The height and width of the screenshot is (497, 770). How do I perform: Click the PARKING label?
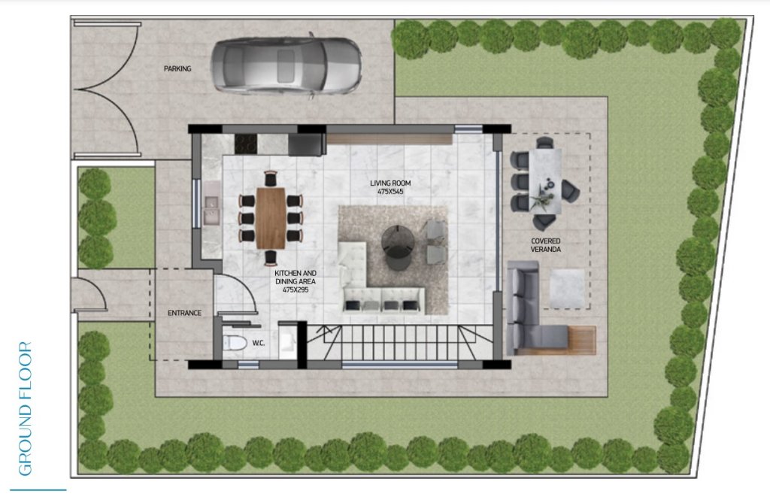(177, 68)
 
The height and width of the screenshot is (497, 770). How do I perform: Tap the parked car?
(286, 66)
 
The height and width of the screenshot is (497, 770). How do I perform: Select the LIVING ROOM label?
(390, 183)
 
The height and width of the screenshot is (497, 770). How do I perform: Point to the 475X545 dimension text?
(390, 192)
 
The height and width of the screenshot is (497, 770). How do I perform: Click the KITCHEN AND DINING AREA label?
(295, 277)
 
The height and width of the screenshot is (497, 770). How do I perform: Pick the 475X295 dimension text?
(295, 289)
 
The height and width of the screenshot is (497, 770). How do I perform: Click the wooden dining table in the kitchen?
(271, 218)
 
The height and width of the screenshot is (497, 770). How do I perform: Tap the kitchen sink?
(211, 210)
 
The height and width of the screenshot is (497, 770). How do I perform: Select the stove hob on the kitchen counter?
(246, 144)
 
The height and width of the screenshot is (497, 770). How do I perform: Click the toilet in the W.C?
(235, 342)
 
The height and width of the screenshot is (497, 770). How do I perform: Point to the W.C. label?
(259, 343)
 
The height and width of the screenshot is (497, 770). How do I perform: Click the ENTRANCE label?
(185, 313)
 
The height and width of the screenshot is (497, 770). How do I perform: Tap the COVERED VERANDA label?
(546, 245)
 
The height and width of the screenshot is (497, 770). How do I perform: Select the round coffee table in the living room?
(397, 247)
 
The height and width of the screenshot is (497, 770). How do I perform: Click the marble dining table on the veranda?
(545, 181)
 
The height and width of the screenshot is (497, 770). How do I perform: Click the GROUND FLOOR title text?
(25, 408)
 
